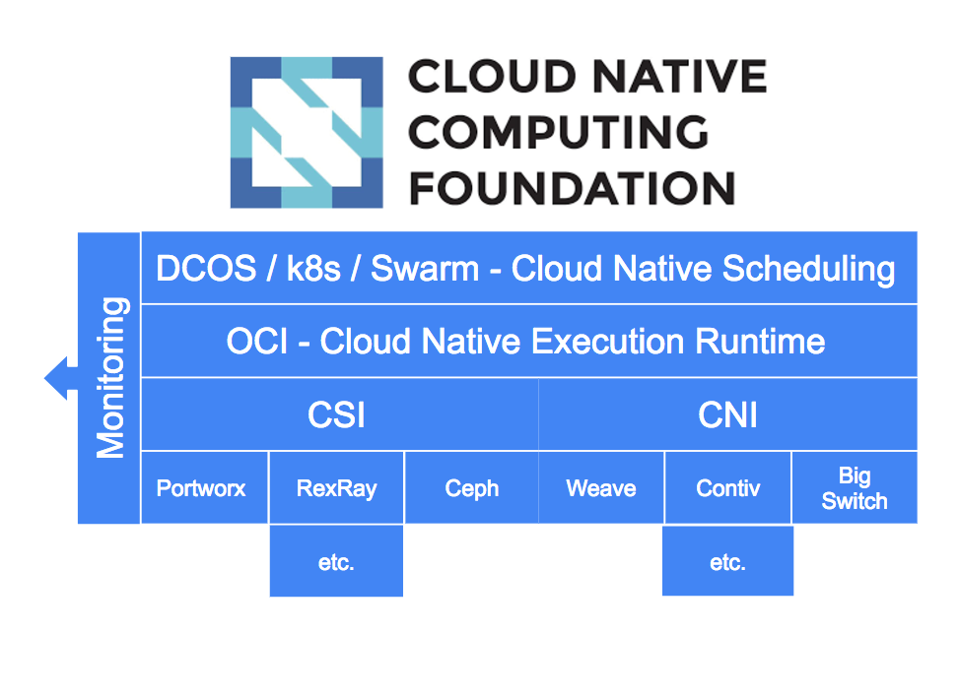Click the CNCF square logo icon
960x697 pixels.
click(x=307, y=133)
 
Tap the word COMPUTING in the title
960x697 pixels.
click(x=559, y=132)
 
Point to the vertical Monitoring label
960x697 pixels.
click(x=110, y=378)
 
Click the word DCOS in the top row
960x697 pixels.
click(x=206, y=269)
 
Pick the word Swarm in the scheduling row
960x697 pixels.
click(x=425, y=269)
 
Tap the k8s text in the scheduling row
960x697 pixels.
click(x=312, y=269)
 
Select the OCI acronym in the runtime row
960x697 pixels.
click(x=256, y=342)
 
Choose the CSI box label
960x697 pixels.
click(x=336, y=415)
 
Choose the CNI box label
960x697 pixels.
click(x=727, y=415)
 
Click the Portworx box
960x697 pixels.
click(x=204, y=488)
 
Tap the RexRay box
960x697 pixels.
click(x=336, y=488)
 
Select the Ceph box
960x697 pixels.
click(x=471, y=488)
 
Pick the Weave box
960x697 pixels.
click(x=600, y=488)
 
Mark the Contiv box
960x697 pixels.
click(x=728, y=488)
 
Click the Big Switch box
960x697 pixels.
click(x=855, y=488)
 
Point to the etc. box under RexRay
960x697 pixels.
click(x=336, y=561)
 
